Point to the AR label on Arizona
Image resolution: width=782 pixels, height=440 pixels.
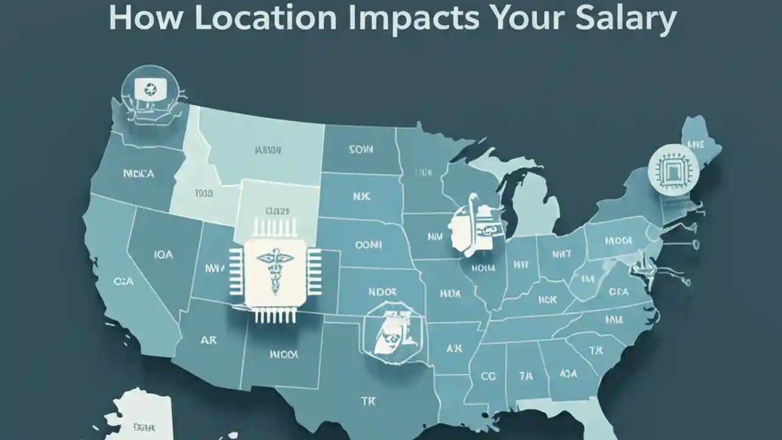point(209,340)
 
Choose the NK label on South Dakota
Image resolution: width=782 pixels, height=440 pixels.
point(358,197)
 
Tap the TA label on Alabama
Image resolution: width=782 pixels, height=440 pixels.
point(525,376)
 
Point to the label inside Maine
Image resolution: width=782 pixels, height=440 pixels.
point(695,144)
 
